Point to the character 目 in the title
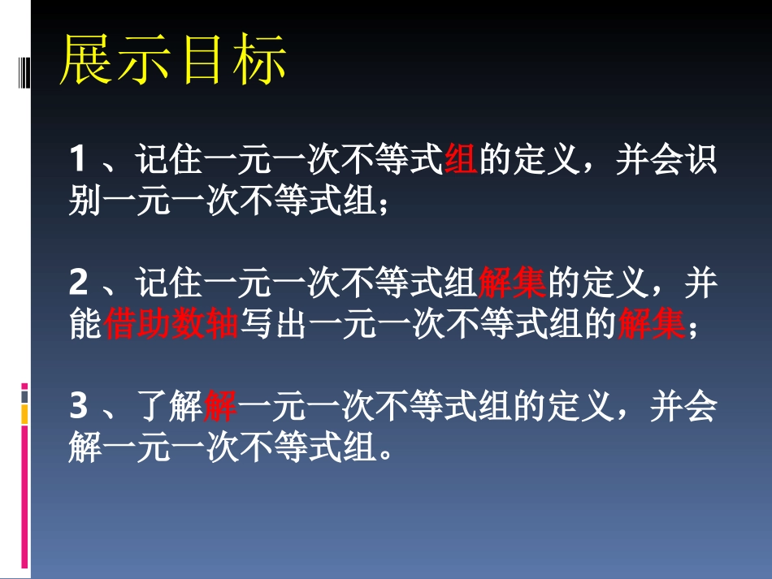coord(202,61)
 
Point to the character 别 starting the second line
coord(85,201)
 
